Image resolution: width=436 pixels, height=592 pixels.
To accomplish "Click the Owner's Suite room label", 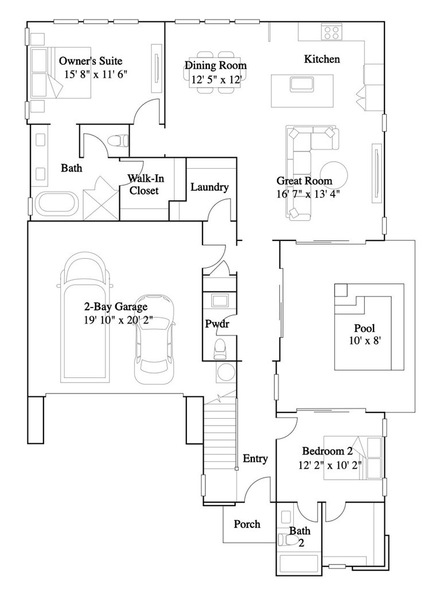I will (91, 61).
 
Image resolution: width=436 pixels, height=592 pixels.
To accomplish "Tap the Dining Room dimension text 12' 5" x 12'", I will (216, 80).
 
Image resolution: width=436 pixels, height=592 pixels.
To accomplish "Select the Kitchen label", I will (321, 59).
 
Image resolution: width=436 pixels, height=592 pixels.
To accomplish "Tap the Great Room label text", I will (304, 181).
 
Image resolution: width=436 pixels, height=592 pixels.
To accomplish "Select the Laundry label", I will (209, 187).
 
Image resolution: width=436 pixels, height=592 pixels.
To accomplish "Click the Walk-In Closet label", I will (143, 184).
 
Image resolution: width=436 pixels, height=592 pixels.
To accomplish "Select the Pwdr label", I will (217, 324).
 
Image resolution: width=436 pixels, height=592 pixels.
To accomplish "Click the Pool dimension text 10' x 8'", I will (364, 340).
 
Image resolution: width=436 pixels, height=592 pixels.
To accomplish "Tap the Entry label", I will (255, 458).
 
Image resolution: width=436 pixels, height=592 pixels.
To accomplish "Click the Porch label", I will (247, 524).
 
